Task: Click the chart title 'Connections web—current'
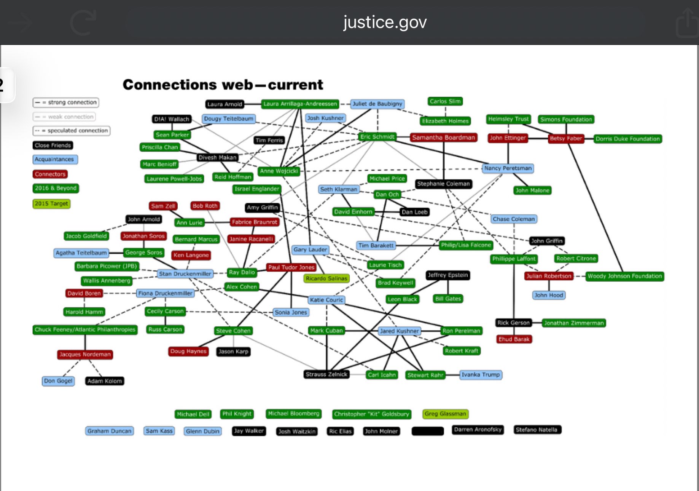pos(223,85)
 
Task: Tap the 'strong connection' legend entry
pos(66,102)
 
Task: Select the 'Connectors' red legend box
pos(50,174)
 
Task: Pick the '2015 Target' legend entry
pos(51,204)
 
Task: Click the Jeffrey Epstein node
pos(447,275)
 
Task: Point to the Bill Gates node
pos(448,299)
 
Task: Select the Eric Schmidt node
pos(377,137)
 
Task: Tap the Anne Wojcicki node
pos(279,171)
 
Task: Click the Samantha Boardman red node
pos(443,138)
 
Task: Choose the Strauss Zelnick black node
pos(326,374)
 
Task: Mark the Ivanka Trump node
pos(480,375)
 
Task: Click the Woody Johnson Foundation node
pos(624,276)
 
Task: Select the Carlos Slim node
pos(445,101)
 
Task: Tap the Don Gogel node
pos(58,381)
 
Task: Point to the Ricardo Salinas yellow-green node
pos(326,278)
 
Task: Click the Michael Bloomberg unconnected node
pos(293,414)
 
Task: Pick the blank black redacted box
pos(428,431)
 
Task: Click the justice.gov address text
pos(385,22)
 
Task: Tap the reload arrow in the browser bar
pos(83,23)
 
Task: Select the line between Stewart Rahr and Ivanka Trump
pos(452,375)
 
